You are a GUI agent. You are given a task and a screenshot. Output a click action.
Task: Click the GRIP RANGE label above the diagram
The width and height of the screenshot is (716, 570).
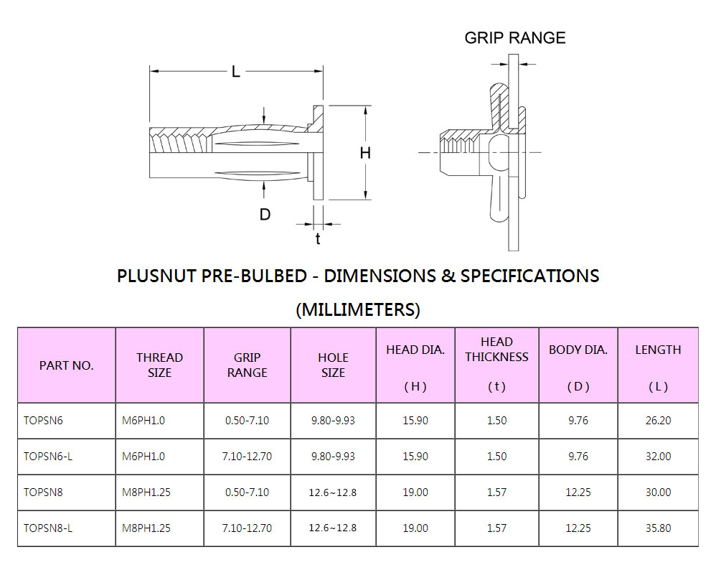click(x=515, y=38)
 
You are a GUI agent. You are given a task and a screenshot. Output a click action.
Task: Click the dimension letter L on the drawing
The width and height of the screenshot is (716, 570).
click(x=236, y=72)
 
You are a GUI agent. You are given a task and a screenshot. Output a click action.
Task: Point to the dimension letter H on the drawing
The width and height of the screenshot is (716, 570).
click(x=366, y=153)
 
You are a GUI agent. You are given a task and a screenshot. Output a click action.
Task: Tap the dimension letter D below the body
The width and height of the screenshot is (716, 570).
click(x=265, y=214)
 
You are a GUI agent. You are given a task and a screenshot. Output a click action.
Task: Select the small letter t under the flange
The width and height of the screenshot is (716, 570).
click(x=318, y=239)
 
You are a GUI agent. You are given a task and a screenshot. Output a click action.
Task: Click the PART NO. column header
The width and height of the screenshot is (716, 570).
click(x=66, y=365)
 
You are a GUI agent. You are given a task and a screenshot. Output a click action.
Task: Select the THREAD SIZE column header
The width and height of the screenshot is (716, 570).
click(x=159, y=365)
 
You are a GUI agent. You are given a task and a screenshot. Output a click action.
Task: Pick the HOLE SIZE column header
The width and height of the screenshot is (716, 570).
click(x=333, y=365)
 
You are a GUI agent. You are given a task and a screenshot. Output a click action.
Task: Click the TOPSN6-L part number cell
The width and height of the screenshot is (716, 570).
click(x=48, y=457)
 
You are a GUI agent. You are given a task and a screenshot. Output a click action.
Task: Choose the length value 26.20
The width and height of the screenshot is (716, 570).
click(x=658, y=421)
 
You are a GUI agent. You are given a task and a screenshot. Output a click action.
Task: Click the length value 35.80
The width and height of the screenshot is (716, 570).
click(x=658, y=528)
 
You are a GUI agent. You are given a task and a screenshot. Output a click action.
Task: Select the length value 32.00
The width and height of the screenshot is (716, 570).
click(x=658, y=457)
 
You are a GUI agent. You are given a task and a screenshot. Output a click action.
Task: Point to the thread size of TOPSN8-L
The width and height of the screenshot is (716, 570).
click(x=146, y=528)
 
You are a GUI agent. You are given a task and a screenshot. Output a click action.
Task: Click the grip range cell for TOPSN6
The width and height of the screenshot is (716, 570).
click(x=247, y=421)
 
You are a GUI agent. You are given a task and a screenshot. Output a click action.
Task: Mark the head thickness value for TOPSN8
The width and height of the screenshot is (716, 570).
click(x=496, y=492)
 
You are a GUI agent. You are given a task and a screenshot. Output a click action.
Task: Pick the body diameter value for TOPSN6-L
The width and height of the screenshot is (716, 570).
click(x=578, y=457)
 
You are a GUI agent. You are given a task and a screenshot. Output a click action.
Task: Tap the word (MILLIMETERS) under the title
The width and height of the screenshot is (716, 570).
click(x=358, y=310)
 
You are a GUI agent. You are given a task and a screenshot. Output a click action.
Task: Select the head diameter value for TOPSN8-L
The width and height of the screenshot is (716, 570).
click(x=415, y=528)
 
